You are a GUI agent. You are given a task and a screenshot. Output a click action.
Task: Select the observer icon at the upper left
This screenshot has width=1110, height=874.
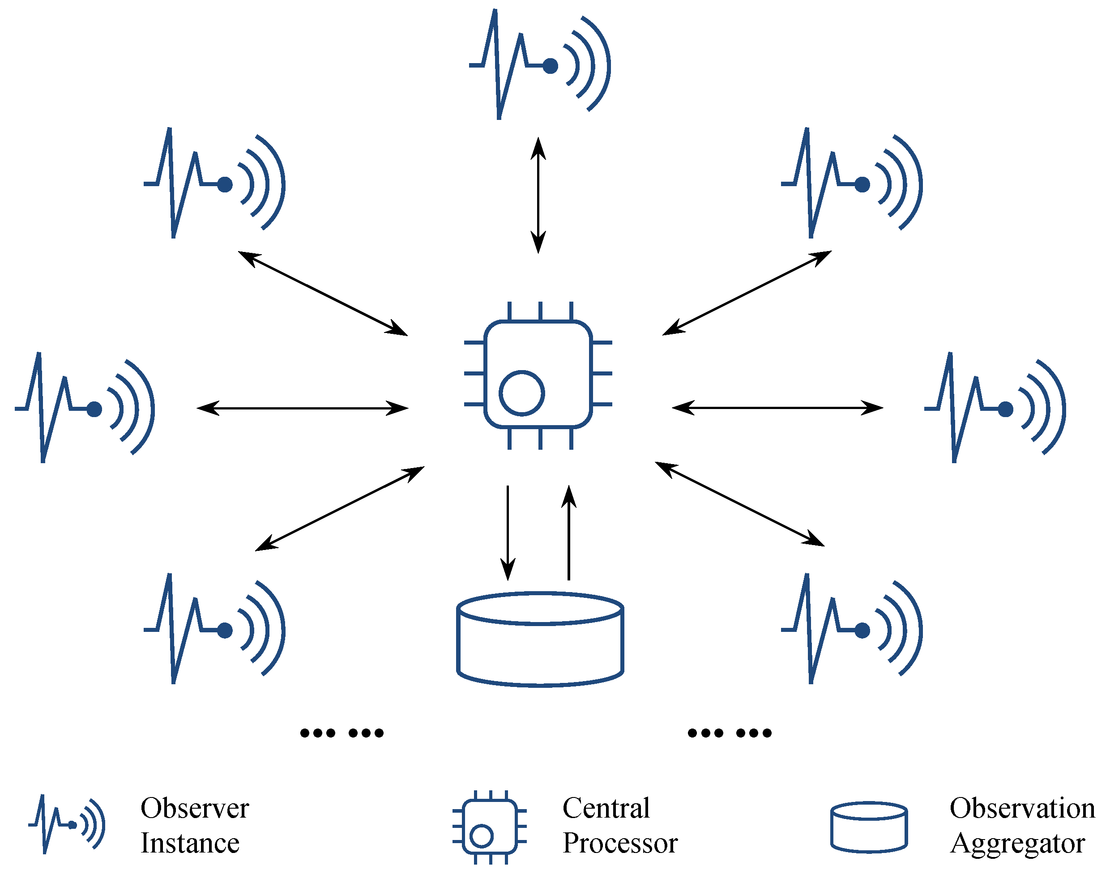[214, 183]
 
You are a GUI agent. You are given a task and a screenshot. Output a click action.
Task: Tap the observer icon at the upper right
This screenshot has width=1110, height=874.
[851, 183]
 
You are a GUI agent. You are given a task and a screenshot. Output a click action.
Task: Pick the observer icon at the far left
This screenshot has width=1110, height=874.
[85, 408]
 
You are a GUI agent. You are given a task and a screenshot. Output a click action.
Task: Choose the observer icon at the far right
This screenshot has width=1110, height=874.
[995, 408]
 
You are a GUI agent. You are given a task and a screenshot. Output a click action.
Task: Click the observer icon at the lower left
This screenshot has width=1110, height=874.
[214, 629]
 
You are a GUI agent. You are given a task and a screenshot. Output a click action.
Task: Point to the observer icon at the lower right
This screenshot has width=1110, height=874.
[851, 629]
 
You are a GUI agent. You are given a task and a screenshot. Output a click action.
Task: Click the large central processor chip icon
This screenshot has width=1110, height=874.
[538, 375]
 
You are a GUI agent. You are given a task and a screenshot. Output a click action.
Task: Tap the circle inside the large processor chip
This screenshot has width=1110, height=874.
[521, 393]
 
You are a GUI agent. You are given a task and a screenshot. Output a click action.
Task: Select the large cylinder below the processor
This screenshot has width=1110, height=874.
[540, 640]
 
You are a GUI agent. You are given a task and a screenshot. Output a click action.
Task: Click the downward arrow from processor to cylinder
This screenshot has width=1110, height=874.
[508, 532]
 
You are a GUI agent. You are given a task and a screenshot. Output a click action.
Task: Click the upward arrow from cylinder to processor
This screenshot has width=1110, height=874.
[568, 532]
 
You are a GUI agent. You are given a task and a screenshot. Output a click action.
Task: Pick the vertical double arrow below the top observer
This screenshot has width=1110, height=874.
[538, 195]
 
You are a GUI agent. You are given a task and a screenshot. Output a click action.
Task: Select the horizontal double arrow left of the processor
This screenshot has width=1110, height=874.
[302, 408]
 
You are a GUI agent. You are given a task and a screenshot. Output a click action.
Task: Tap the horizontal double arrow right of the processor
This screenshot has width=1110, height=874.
[777, 408]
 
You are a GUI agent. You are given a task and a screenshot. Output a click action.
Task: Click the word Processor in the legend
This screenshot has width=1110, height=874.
[620, 843]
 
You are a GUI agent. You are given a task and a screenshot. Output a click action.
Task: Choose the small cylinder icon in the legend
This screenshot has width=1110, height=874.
[869, 827]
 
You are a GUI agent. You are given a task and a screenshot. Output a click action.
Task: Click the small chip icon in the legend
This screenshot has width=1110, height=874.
[489, 827]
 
